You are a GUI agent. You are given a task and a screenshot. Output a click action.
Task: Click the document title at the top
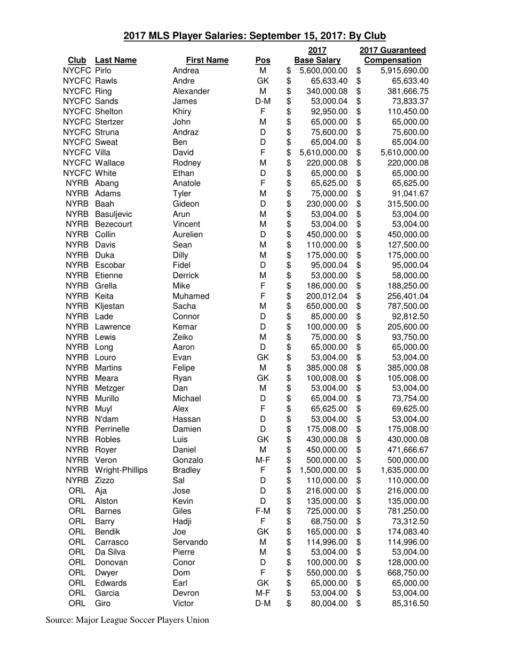[254, 36]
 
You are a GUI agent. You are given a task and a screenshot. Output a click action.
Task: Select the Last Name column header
[115, 60]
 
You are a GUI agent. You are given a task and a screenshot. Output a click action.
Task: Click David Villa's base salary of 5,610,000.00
[323, 152]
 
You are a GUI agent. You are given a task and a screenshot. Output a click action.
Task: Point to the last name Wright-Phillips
[121, 470]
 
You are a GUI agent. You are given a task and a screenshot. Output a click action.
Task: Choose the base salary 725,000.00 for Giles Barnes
[327, 511]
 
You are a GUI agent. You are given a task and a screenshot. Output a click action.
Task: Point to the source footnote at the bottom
[127, 620]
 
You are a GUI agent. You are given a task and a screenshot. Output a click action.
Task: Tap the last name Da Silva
[110, 552]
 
